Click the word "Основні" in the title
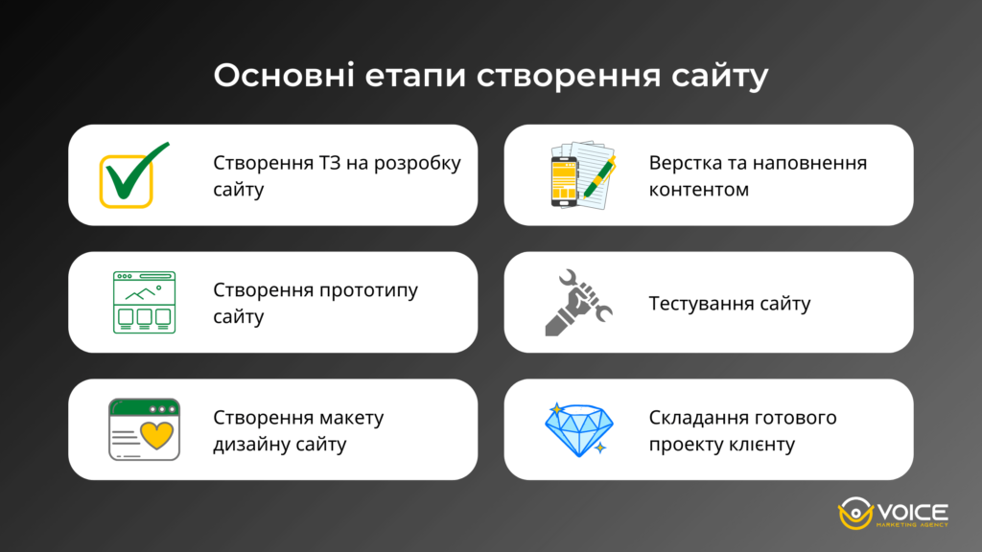282,77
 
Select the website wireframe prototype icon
144,302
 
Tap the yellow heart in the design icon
155,435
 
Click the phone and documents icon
579,174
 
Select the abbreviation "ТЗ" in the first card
321,163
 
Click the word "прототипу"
367,290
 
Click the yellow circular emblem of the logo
852,515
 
